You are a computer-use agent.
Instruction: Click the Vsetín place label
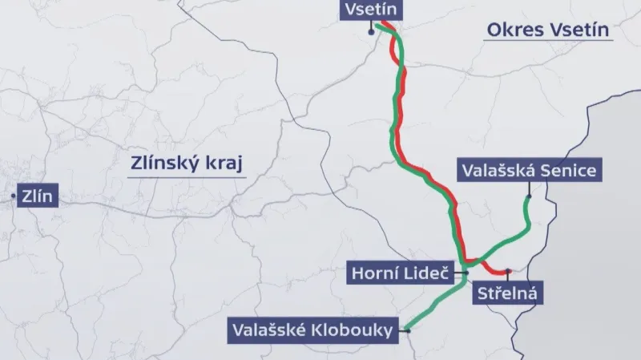369,10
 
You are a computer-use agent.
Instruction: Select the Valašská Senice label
527,171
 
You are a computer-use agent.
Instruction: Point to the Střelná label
504,293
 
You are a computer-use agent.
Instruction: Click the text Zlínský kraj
185,164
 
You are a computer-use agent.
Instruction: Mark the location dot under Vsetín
370,31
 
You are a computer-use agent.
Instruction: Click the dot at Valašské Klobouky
407,329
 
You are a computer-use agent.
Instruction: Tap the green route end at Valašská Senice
528,196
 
